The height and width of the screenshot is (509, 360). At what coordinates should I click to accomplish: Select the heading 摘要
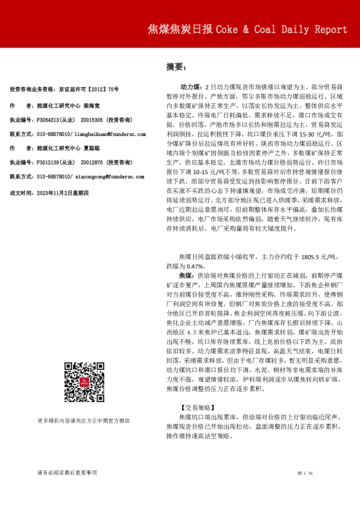(x=175, y=66)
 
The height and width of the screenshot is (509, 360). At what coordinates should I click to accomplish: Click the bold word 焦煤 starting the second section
(x=187, y=274)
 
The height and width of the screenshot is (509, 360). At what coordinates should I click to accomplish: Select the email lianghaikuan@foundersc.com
(x=110, y=134)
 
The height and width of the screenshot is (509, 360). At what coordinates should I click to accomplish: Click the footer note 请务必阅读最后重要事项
(x=67, y=472)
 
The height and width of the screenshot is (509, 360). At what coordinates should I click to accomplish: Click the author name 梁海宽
(x=91, y=105)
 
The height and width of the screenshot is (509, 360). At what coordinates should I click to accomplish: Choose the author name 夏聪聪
(x=91, y=148)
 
